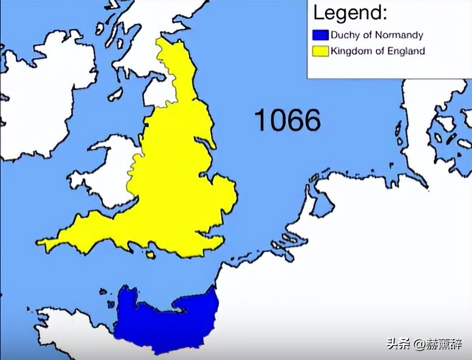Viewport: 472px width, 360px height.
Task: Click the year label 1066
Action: (x=287, y=120)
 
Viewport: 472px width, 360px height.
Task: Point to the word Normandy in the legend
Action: (x=399, y=35)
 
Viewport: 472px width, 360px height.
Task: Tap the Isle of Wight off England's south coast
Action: (x=150, y=255)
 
